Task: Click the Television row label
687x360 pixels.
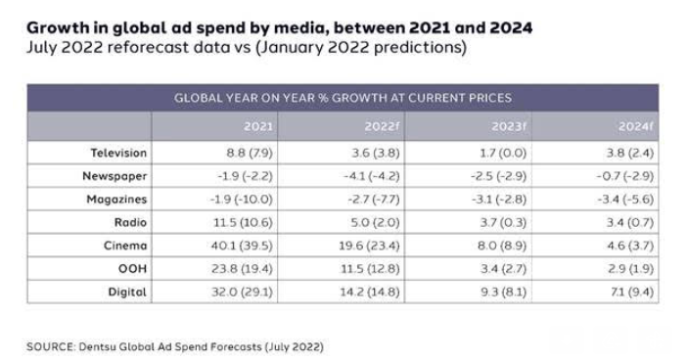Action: (x=117, y=153)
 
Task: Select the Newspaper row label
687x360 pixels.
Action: (x=116, y=176)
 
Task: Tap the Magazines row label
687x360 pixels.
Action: (x=116, y=199)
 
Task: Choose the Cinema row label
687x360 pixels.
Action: (x=125, y=246)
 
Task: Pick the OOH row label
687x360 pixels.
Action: (x=132, y=268)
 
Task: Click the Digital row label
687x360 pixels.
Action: (x=127, y=292)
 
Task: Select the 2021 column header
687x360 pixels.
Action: (x=258, y=127)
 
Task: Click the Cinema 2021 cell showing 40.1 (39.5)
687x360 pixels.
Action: (x=242, y=246)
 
